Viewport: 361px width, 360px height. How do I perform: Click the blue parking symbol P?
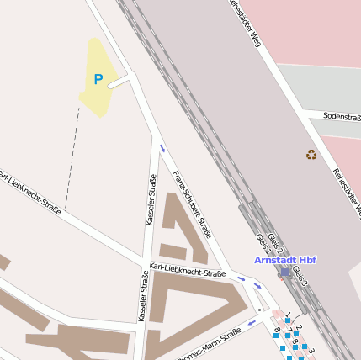98,80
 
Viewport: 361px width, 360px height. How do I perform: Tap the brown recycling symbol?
311,155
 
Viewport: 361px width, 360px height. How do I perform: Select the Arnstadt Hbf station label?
285,260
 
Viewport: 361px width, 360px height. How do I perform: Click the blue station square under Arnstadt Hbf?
285,272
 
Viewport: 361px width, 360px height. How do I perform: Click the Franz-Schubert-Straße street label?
191,203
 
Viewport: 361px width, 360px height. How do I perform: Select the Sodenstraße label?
341,116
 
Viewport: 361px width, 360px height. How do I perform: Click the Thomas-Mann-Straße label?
210,344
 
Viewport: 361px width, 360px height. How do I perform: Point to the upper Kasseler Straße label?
151,200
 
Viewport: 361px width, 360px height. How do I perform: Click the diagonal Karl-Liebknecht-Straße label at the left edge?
29,193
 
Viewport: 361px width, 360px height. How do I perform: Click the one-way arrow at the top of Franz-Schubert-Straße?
162,150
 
